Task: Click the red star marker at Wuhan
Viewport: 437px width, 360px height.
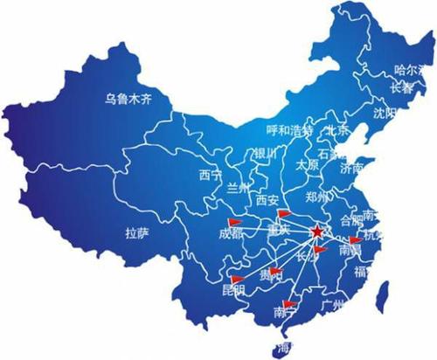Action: coord(315,231)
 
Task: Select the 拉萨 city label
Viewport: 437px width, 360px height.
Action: coord(136,233)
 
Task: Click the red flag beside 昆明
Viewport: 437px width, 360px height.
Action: coord(236,280)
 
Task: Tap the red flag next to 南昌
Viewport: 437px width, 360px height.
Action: coord(354,240)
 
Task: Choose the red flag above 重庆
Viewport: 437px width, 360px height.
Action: coord(281,213)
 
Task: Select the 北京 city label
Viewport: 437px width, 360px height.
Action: coord(336,130)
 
